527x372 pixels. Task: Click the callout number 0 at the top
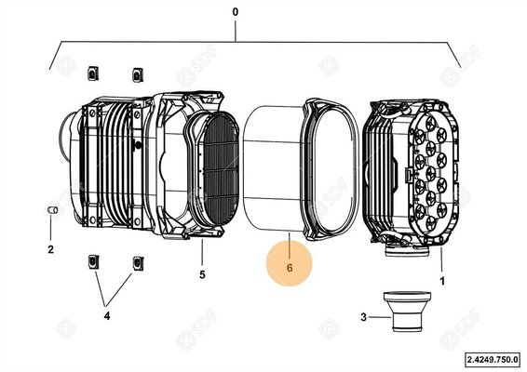click(x=236, y=12)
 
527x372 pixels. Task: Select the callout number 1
click(x=442, y=281)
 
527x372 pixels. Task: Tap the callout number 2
click(x=51, y=249)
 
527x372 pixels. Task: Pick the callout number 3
click(x=363, y=317)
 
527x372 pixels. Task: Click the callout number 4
click(x=107, y=316)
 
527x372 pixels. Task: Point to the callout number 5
click(x=202, y=274)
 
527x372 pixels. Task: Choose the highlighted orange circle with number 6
click(x=290, y=264)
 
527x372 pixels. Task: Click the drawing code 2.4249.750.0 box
click(x=493, y=360)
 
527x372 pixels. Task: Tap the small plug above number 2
click(x=52, y=210)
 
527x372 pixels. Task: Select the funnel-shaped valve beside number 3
click(x=407, y=312)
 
